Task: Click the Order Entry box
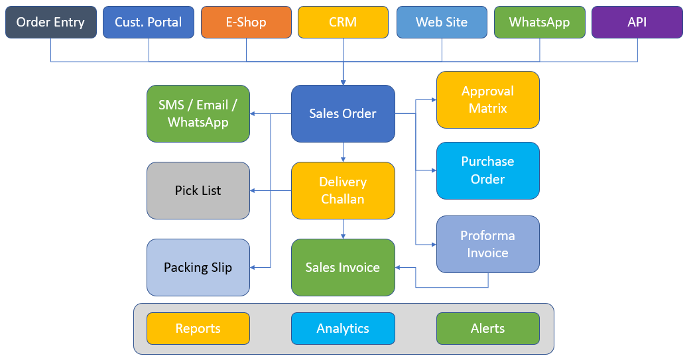point(50,22)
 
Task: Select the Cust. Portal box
point(149,22)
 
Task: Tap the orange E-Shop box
point(246,22)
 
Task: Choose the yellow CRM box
point(343,22)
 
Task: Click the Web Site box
point(442,22)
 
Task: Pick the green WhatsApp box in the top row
point(539,22)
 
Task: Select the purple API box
point(637,22)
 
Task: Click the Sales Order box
point(343,113)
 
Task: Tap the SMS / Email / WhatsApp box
point(198,113)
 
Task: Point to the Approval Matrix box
point(487,99)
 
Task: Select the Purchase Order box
point(487,170)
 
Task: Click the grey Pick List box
point(198,190)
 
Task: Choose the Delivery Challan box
point(343,190)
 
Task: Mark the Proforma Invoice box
point(487,244)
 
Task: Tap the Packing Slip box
point(198,268)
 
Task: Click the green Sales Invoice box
point(343,268)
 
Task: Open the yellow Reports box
point(198,328)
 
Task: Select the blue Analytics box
point(343,328)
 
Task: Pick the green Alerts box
point(487,328)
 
